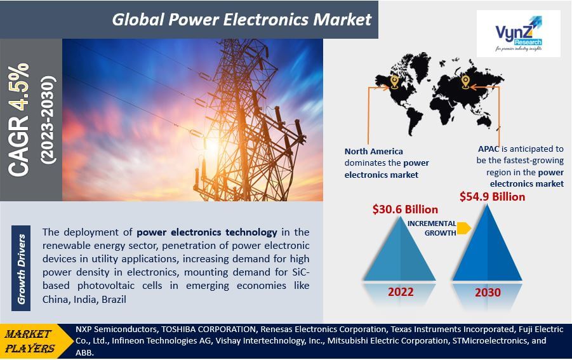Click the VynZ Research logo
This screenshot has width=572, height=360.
coord(519,34)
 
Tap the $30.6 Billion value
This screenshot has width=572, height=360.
coord(405,210)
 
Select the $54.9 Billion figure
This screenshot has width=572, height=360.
coord(492,197)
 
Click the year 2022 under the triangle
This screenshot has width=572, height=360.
coord(401,292)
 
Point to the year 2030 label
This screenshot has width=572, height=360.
coord(488,293)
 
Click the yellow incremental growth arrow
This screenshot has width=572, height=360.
coord(463,228)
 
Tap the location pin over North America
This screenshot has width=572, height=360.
coord(394,82)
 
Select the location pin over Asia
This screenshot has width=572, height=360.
coord(465,82)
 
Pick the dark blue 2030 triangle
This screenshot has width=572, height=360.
coord(488,247)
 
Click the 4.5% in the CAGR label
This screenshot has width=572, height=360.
coord(18,86)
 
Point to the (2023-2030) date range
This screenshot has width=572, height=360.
coord(48,120)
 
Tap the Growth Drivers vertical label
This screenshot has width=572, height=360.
coord(21,269)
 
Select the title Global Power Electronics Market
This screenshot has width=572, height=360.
coord(241,20)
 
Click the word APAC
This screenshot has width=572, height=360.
coord(488,149)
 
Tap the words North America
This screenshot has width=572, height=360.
coord(374,151)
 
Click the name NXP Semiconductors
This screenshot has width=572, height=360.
coord(116,330)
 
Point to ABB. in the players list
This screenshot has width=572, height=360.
coord(84,353)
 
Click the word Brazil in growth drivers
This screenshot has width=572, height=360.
coord(114,300)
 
